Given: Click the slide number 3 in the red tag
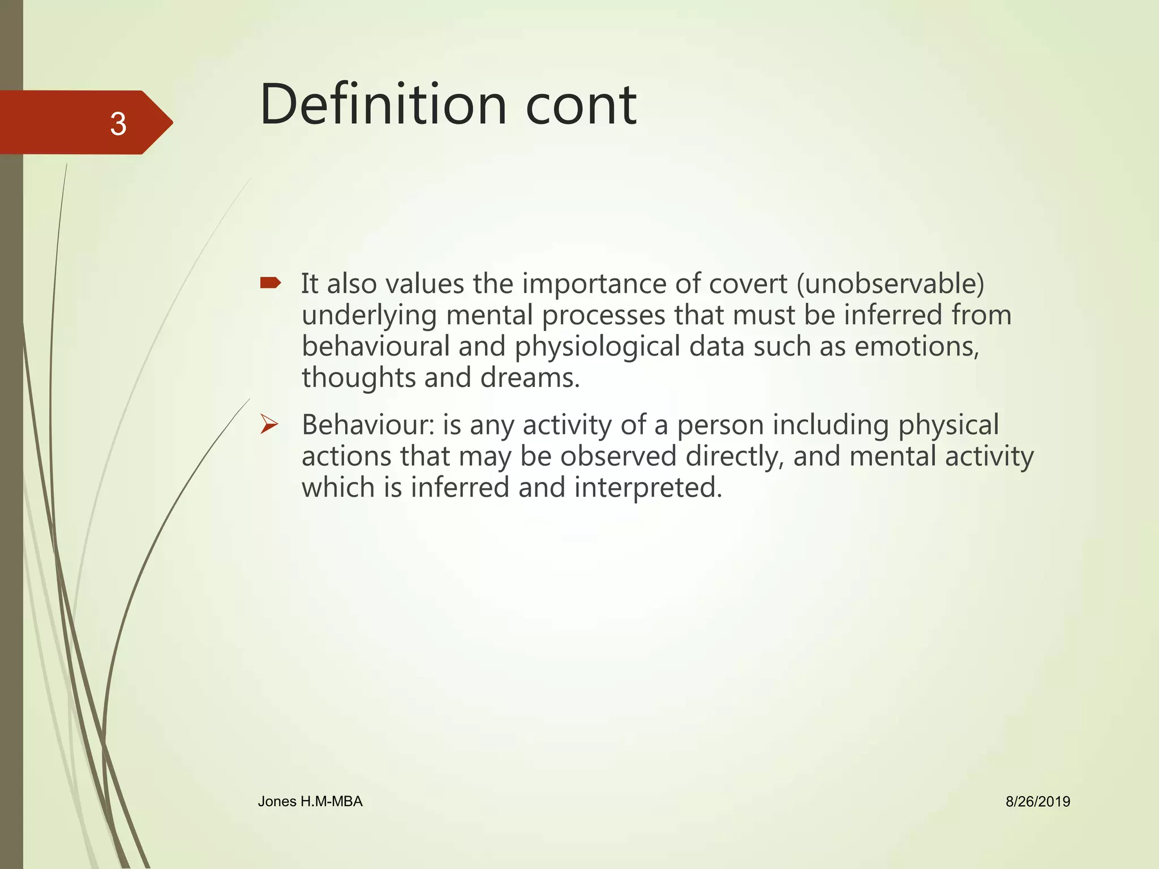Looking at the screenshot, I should point(118,124).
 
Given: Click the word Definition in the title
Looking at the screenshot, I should point(383,105).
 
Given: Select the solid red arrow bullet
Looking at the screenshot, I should point(271,282).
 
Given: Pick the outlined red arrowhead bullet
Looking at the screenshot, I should point(269,424).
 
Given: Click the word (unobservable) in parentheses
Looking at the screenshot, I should point(890,283).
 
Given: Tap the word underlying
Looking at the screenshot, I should point(369,316).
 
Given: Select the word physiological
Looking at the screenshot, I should point(597,347).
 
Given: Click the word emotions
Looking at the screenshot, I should point(916,346).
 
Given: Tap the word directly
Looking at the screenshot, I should point(735,457).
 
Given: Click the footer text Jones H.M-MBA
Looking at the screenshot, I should point(310,801).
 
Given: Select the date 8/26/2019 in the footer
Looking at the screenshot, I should point(1038,802).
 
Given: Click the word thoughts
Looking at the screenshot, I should point(358,377).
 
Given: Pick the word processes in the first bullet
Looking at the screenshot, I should point(603,316).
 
